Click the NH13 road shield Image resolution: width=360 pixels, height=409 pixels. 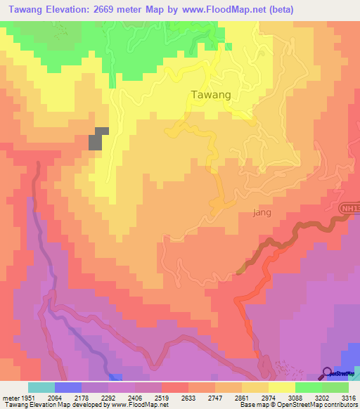(x=349, y=209)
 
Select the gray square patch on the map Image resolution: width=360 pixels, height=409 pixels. (x=97, y=138)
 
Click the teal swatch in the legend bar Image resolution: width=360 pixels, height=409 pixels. (x=41, y=387)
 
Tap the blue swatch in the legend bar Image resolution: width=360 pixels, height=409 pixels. (x=68, y=387)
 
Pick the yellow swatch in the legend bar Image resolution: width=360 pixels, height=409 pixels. (x=282, y=387)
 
